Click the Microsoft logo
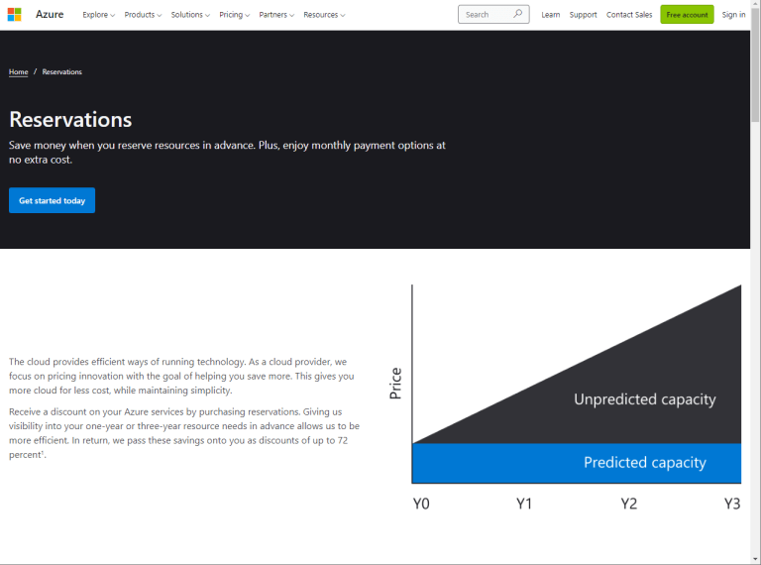pyautogui.click(x=15, y=15)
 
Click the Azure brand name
pyautogui.click(x=50, y=15)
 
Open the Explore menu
pyautogui.click(x=98, y=15)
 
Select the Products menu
pyautogui.click(x=143, y=15)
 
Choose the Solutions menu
pyautogui.click(x=189, y=15)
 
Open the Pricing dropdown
pyautogui.click(x=234, y=15)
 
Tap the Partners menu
pyautogui.click(x=276, y=15)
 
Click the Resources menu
pyautogui.click(x=324, y=15)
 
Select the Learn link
pyautogui.click(x=551, y=15)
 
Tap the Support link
pyautogui.click(x=584, y=15)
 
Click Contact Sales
pyautogui.click(x=629, y=15)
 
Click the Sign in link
pyautogui.click(x=734, y=15)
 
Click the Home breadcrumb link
pyautogui.click(x=19, y=72)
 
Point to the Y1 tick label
pyautogui.click(x=525, y=504)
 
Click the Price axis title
pyautogui.click(x=396, y=383)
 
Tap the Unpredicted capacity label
pyautogui.click(x=644, y=399)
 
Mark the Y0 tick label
pyautogui.click(x=421, y=504)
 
